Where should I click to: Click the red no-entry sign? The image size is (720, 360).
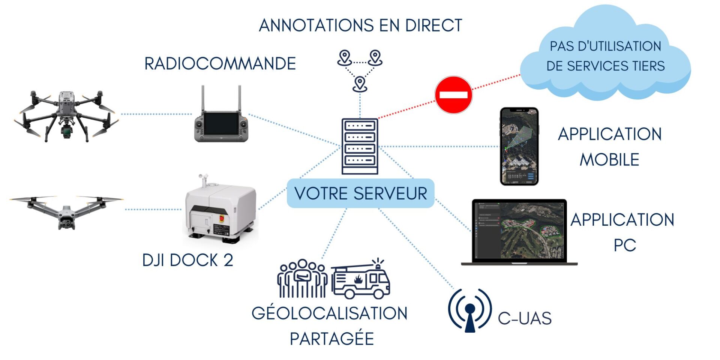click(x=453, y=95)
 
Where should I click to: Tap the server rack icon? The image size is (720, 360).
click(x=360, y=146)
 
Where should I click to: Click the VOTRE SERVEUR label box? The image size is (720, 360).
click(x=360, y=193)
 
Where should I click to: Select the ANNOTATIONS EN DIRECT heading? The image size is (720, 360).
click(x=360, y=25)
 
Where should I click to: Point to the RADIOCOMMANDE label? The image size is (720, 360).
click(x=220, y=64)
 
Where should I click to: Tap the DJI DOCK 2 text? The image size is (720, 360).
click(x=187, y=260)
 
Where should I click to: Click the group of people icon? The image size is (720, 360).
click(x=302, y=279)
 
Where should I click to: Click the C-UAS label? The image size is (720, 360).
click(x=524, y=318)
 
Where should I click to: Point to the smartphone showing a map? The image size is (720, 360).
click(x=519, y=146)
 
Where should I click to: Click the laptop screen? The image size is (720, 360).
click(x=519, y=230)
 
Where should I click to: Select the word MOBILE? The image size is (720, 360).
click(x=609, y=160)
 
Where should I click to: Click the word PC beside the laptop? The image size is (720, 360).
click(x=625, y=246)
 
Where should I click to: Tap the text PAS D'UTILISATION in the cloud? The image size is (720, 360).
click(x=605, y=46)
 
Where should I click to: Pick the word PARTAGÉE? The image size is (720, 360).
click(x=332, y=339)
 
